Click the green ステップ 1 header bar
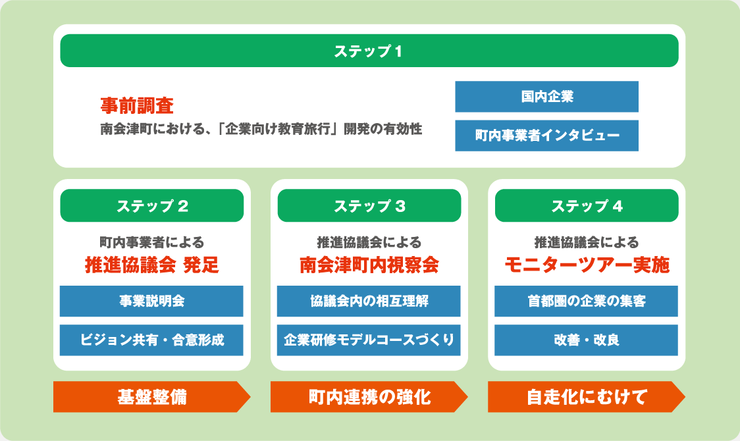pos(369,51)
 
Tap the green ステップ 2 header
pos(152,206)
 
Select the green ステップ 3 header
pos(369,206)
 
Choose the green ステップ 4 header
pos(587,206)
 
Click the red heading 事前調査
pos(136,105)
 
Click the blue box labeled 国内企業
pos(546,97)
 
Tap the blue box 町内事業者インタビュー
pos(546,136)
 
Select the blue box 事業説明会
pos(151,301)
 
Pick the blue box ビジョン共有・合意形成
pos(151,340)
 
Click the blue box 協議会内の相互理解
pos(369,301)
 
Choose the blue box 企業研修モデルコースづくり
pos(369,340)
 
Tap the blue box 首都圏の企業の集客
pos(586,301)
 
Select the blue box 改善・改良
pos(586,340)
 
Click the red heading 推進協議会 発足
pos(151,265)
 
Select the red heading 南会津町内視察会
pos(369,265)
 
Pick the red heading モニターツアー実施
pos(587,265)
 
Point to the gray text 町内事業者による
pos(151,242)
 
